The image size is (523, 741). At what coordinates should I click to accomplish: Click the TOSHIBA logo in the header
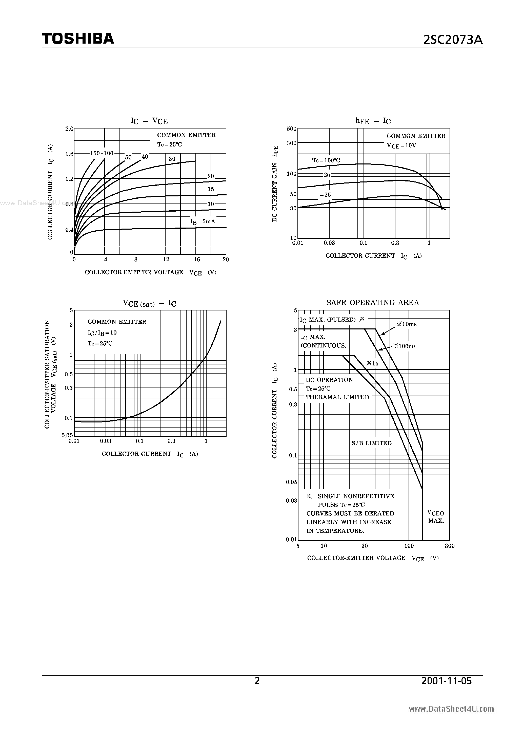coord(78,39)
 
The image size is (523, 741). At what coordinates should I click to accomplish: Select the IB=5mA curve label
coord(203,222)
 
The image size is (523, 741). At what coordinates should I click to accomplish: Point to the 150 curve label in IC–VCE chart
coord(95,153)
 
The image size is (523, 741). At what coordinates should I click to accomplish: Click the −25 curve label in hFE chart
coord(325,195)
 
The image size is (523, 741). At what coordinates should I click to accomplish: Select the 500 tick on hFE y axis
coord(291,129)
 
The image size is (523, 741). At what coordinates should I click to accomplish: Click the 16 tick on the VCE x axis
coord(197,260)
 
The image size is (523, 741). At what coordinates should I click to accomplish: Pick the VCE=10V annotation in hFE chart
coord(401,145)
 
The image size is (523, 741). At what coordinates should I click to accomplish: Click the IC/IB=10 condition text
coord(102,333)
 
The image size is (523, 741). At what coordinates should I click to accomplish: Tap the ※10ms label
coord(406,324)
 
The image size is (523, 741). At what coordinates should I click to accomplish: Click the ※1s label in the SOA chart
coord(372,363)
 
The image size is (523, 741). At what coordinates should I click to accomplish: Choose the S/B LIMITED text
coord(371,443)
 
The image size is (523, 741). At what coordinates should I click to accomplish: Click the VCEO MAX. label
coord(436,517)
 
